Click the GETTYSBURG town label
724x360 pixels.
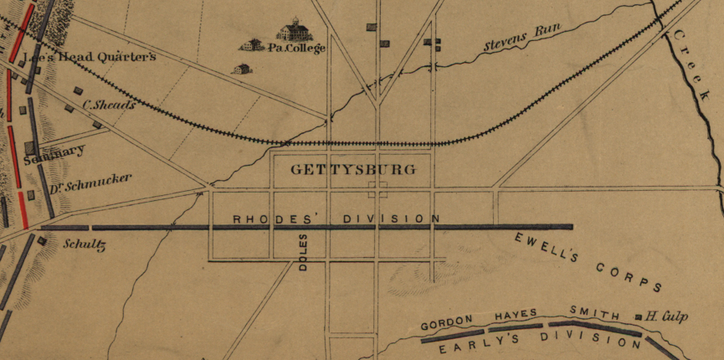click(x=352, y=169)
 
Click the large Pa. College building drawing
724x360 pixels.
click(x=295, y=31)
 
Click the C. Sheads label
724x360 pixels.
click(x=110, y=105)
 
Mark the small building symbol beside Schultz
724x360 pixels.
click(x=41, y=241)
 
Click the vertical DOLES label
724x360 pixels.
click(x=303, y=251)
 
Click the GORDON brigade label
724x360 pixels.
click(x=447, y=322)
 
